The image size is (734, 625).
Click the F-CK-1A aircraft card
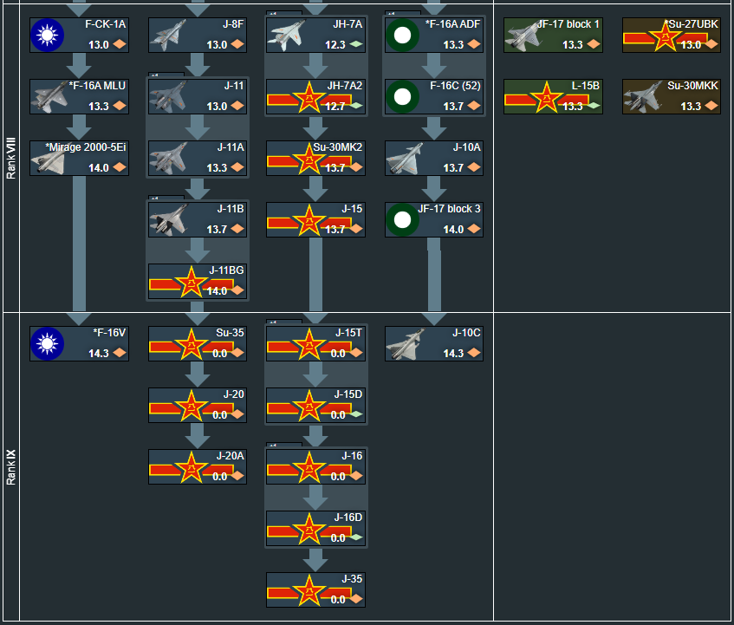click(x=79, y=35)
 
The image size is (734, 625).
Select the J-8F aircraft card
click(x=198, y=35)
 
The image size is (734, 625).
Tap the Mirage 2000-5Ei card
click(x=79, y=158)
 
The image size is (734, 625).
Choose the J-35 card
click(x=315, y=589)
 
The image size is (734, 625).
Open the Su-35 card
click(x=198, y=343)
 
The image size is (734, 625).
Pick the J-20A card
click(x=198, y=466)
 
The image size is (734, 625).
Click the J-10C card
click(x=433, y=343)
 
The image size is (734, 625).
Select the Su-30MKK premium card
click(x=671, y=96)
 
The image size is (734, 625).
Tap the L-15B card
click(x=553, y=96)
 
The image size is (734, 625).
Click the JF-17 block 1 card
click(x=553, y=35)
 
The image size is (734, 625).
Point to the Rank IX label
click(x=10, y=465)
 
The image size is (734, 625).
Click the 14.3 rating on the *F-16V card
click(x=98, y=354)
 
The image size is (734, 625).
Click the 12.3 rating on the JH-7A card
click(x=335, y=45)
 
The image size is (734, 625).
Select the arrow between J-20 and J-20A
click(x=198, y=435)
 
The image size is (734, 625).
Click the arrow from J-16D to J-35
click(x=315, y=559)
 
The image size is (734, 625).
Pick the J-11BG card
click(x=198, y=282)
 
